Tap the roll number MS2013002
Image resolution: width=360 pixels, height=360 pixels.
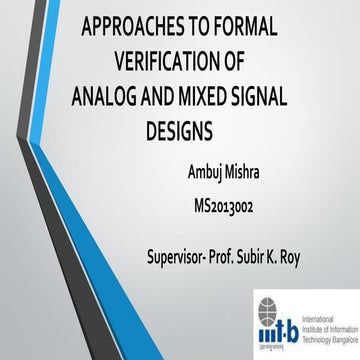click(x=245, y=206)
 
